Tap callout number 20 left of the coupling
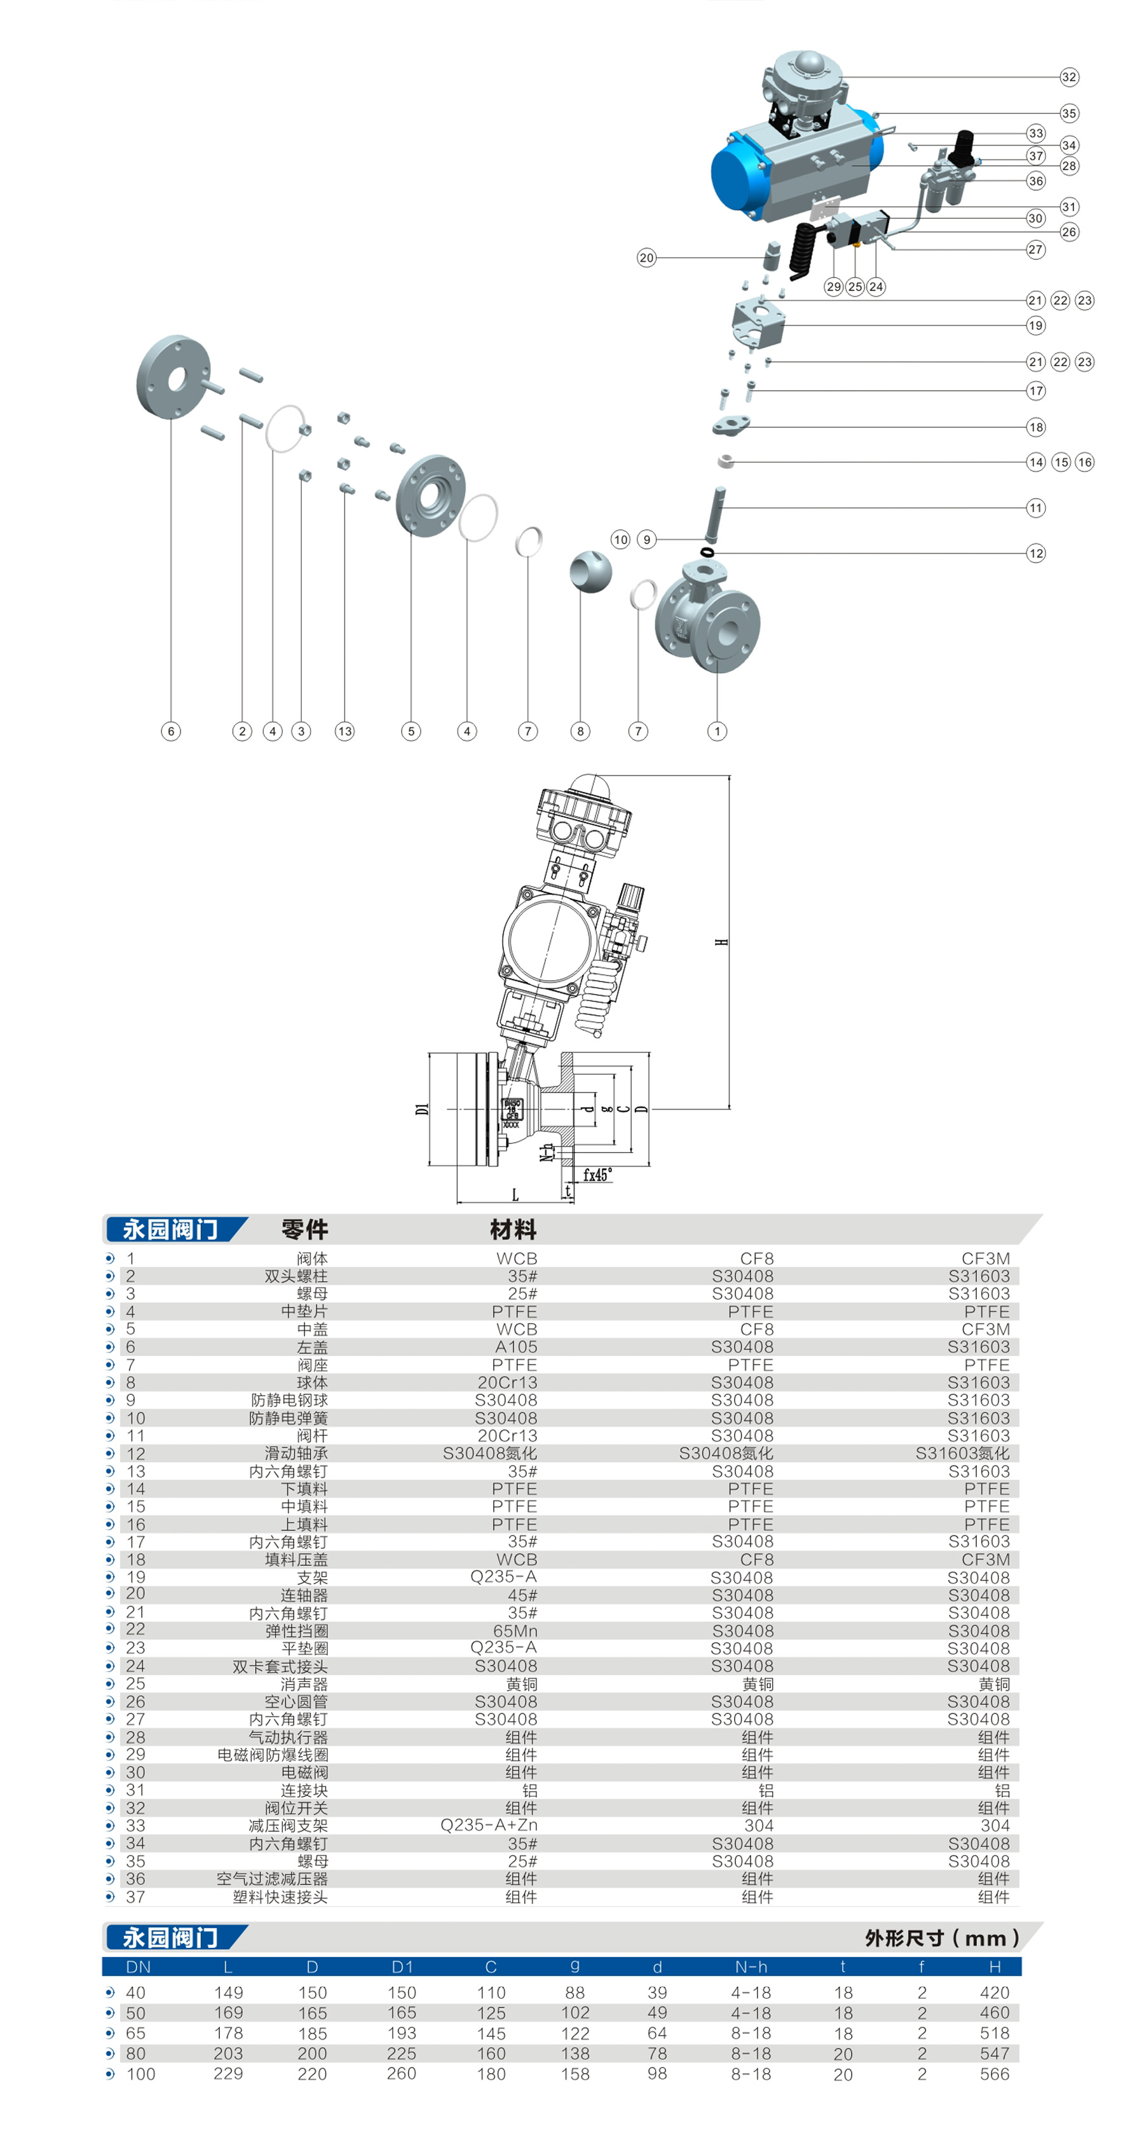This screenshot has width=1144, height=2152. [646, 257]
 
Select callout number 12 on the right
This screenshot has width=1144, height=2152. [1035, 553]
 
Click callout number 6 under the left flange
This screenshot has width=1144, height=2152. [170, 731]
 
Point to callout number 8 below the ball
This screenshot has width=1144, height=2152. [580, 731]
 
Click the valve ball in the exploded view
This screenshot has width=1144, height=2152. [590, 572]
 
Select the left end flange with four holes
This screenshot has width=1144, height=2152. [173, 377]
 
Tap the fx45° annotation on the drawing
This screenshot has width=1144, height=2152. [597, 1175]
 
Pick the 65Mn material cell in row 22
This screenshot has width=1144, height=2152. [515, 1631]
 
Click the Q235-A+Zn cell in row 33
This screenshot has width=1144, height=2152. [489, 1825]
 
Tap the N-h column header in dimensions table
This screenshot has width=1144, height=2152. [751, 1966]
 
